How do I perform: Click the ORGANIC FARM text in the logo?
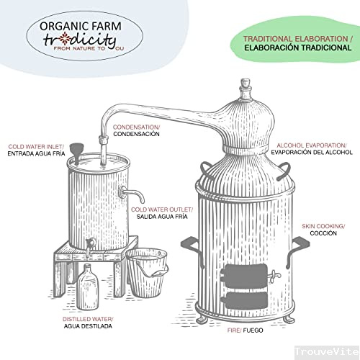pos(81,26)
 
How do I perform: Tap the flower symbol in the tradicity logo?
pos(65,38)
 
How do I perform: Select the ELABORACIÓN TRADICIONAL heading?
pos(298,48)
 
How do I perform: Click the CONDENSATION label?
pos(136,127)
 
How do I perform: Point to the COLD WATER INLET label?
pos(36,147)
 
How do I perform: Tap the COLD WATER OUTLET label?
pos(162,210)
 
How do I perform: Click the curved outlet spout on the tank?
pos(132,194)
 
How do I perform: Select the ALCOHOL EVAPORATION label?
pos(312,145)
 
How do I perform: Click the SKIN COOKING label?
pos(323,226)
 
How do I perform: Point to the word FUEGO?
pos(253,330)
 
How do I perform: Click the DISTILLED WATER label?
pos(88,319)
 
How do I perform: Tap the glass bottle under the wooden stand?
pos(87,287)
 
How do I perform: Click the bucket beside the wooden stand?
pos(147,272)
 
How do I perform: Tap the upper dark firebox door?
pos(244,276)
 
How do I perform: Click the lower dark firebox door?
pos(244,301)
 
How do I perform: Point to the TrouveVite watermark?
pos(327,351)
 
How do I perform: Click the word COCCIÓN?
pos(323,233)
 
